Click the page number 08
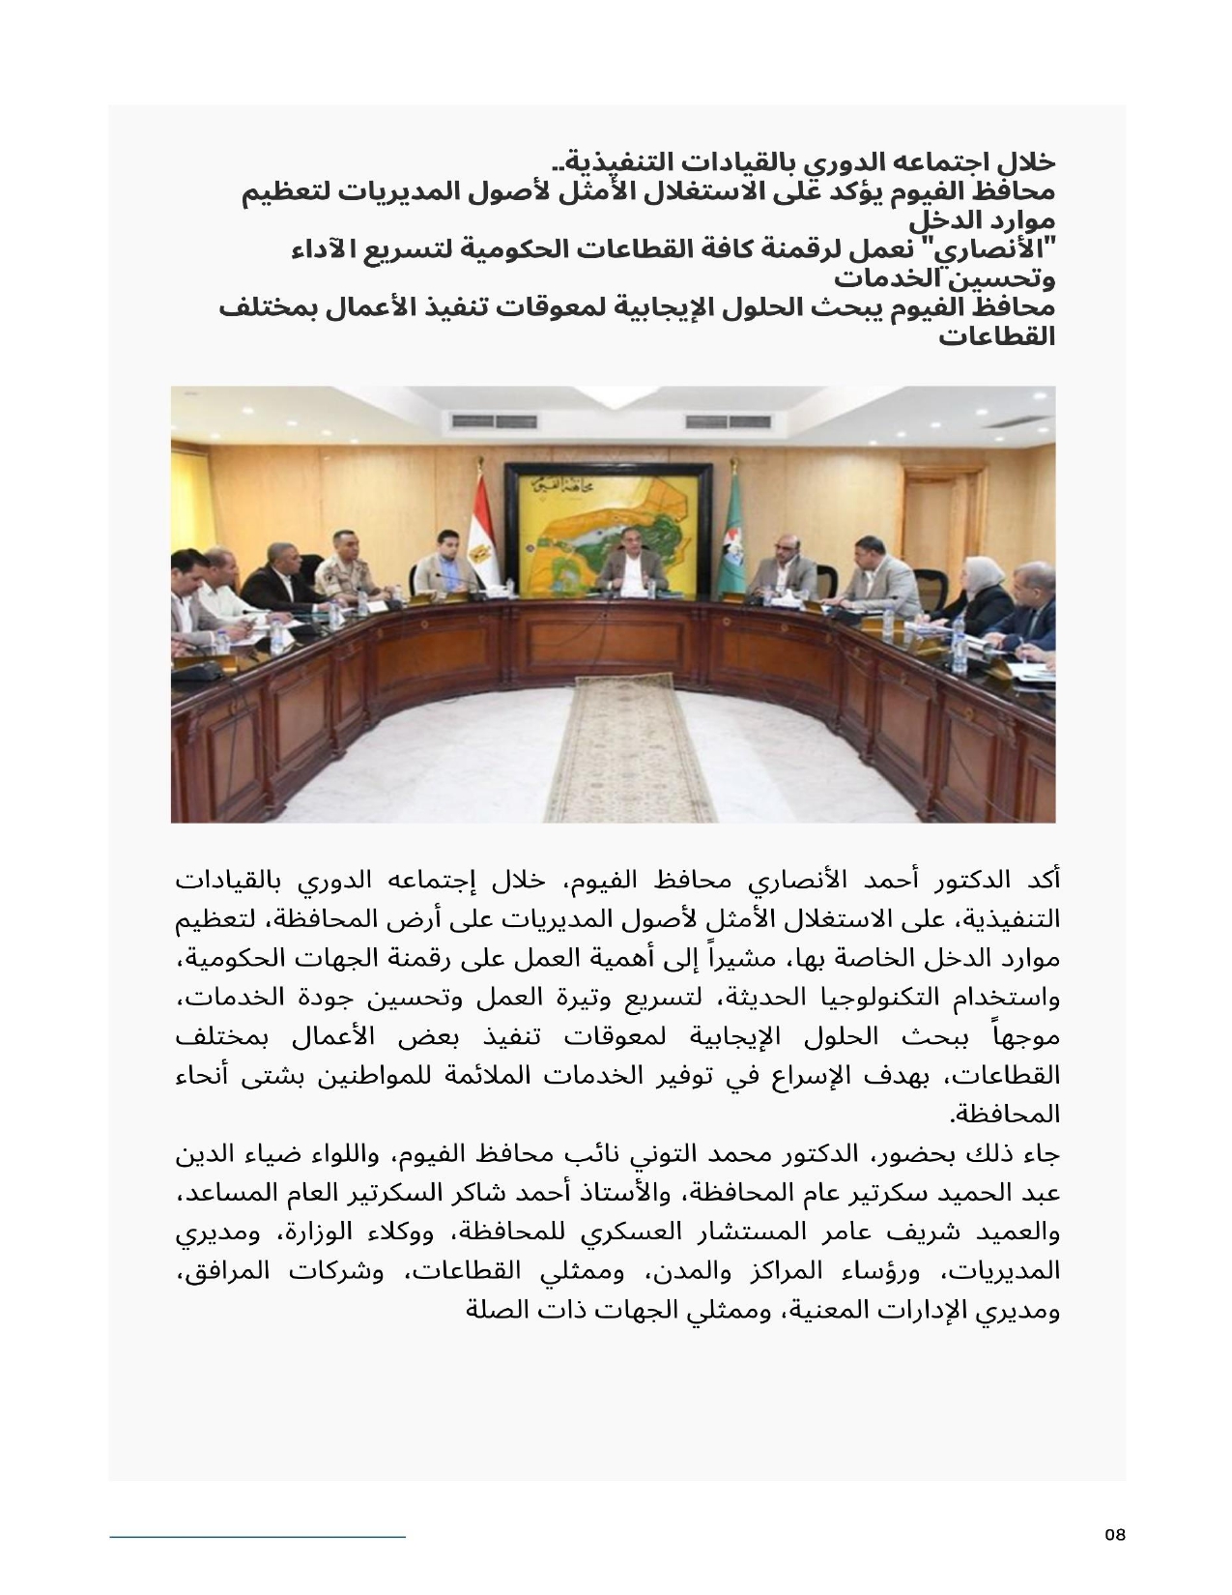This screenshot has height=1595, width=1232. coord(1115,1535)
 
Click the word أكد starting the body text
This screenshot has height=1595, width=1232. coord(1043,881)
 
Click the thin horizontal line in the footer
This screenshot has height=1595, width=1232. coord(257,1535)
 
